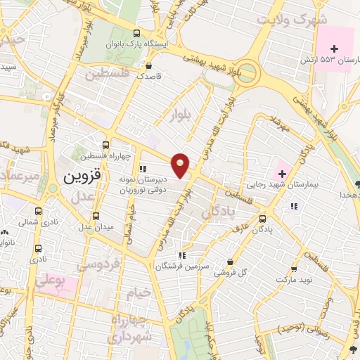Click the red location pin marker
tap(181, 165)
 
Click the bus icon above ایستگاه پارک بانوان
tap(137, 32)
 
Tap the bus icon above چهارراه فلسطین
tap(105, 144)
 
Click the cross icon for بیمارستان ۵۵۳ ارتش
tap(334, 49)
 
